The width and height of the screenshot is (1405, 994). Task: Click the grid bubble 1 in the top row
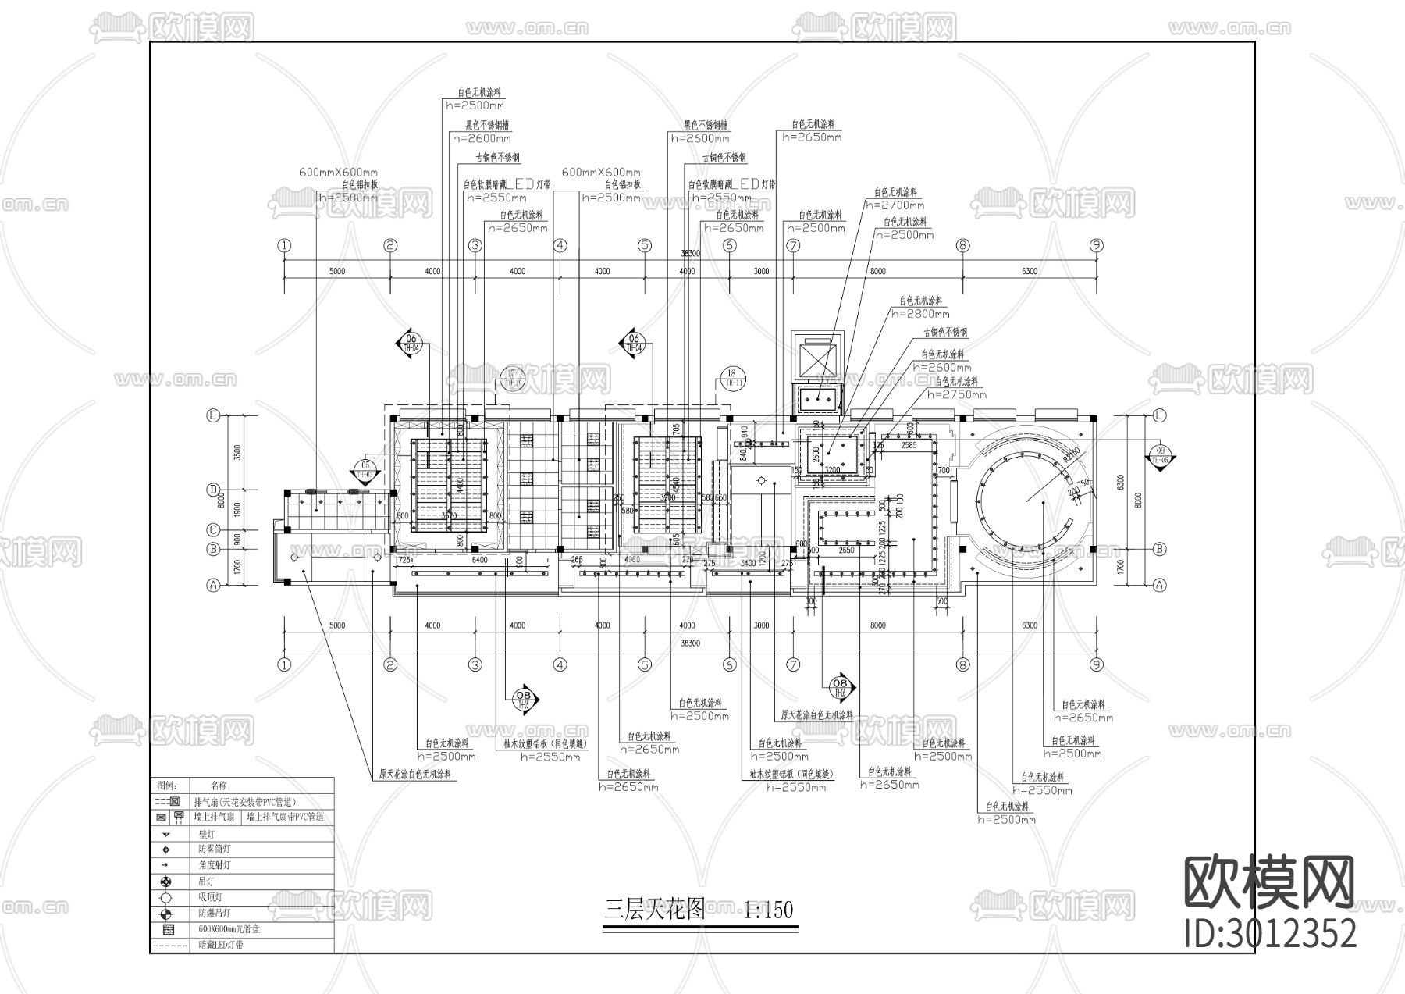(x=284, y=245)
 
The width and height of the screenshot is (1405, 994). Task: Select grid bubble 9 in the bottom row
(x=1097, y=664)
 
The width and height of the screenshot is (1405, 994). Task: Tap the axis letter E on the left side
(x=212, y=415)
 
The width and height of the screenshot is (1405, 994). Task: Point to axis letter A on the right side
(x=1159, y=584)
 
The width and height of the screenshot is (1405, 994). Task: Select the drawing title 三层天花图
(x=655, y=909)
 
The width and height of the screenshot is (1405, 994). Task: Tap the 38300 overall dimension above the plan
(x=690, y=254)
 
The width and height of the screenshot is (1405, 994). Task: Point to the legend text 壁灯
(x=207, y=835)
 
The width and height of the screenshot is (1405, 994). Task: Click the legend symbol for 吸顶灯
(x=165, y=897)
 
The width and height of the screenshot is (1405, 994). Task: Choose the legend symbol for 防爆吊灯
(x=165, y=913)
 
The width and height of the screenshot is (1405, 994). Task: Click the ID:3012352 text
(x=1270, y=933)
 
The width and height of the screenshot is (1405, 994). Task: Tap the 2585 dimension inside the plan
(x=908, y=446)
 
